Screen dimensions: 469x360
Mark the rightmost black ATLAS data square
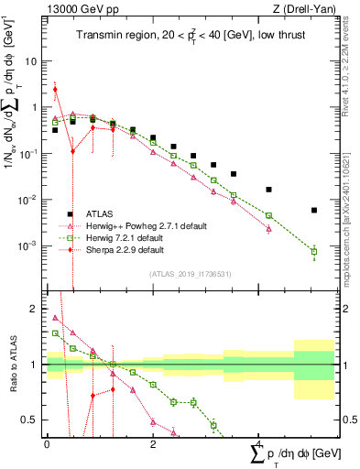click(x=314, y=210)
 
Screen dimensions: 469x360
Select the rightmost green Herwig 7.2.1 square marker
click(x=314, y=251)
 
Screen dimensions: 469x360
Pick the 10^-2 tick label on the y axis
click(x=28, y=200)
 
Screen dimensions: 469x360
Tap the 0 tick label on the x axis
click(x=47, y=444)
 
